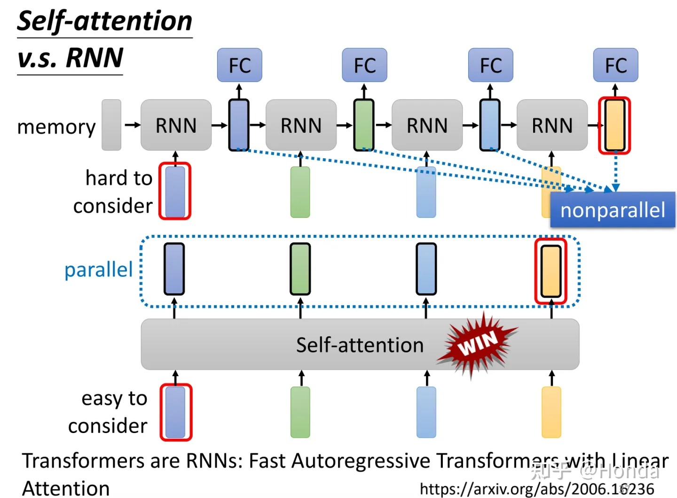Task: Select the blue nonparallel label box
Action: [613, 210]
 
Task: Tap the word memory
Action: [56, 127]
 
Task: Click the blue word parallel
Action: [99, 270]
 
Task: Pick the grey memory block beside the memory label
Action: [111, 125]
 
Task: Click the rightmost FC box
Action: [615, 65]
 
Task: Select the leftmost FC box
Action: [239, 65]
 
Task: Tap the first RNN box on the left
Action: [176, 125]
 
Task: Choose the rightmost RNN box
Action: [552, 125]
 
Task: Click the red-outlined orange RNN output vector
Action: [614, 125]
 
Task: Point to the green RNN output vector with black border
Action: [363, 125]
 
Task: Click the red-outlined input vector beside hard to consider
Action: [175, 191]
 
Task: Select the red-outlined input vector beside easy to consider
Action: [176, 412]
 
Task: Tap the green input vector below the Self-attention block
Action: [300, 412]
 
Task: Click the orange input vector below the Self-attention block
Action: [551, 412]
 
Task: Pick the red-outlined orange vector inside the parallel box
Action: [551, 271]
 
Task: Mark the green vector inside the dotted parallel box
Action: [300, 269]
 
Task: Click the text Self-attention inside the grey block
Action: [360, 345]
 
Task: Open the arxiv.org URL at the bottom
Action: [536, 489]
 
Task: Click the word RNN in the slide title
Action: [94, 58]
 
